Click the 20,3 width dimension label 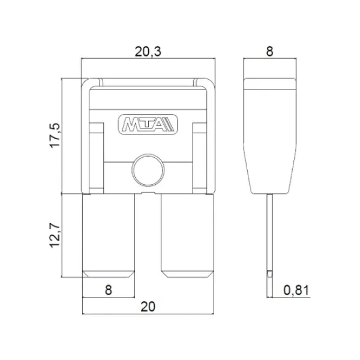click(x=147, y=52)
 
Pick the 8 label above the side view click(x=269, y=52)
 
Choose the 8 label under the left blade click(x=108, y=290)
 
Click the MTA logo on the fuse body click(x=147, y=125)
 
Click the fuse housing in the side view click(x=269, y=138)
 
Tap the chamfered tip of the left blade click(x=108, y=275)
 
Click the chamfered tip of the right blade click(x=187, y=275)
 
